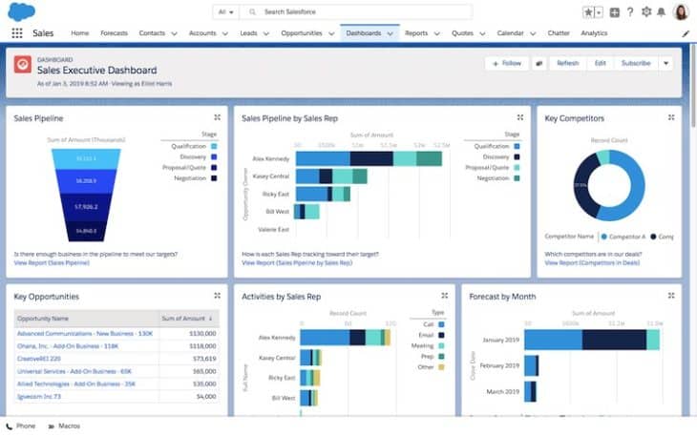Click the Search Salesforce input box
coord(363,12)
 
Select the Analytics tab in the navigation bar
coord(593,32)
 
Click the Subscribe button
coord(635,63)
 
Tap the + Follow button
coord(507,63)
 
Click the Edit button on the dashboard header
coord(600,63)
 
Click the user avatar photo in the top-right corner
coord(681,12)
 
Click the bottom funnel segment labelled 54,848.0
coord(86,231)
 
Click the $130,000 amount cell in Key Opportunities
coord(202,333)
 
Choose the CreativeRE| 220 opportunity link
coord(38,358)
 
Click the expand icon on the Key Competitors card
coord(670,117)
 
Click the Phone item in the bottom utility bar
coord(21,425)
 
